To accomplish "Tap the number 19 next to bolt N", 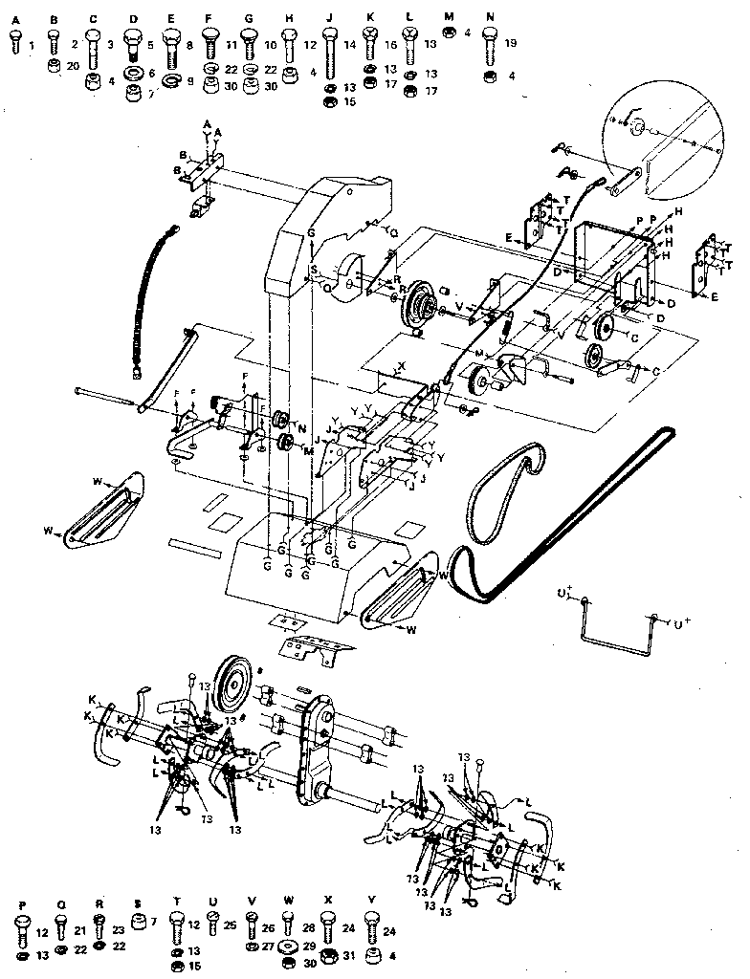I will point(512,44).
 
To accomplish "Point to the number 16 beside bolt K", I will point(391,44).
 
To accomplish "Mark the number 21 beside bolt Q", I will point(81,931).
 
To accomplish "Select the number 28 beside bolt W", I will point(309,926).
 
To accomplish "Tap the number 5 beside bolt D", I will point(150,44).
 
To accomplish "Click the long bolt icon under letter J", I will point(328,52).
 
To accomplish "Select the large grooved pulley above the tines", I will point(233,681).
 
